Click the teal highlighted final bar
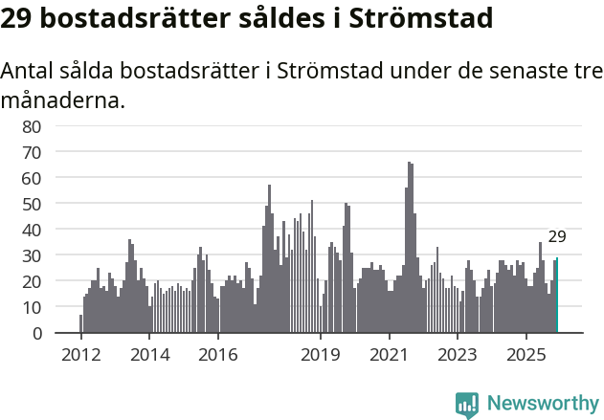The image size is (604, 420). point(556,296)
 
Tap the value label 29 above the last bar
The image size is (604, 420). point(557,237)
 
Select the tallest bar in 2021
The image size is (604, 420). point(409,248)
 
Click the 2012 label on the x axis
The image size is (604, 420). point(80,355)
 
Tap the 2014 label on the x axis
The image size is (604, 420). point(149,355)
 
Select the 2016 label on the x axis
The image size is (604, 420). point(218,355)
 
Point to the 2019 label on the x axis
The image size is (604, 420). point(321,355)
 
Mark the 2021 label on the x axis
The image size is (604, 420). point(390,355)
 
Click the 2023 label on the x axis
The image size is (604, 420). point(458,355)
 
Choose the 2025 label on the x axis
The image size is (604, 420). point(526,355)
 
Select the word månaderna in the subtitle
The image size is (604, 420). point(63,99)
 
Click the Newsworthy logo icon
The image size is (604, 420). point(467,405)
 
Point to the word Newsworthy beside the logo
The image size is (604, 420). point(542,405)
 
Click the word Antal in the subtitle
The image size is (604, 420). point(30,72)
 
